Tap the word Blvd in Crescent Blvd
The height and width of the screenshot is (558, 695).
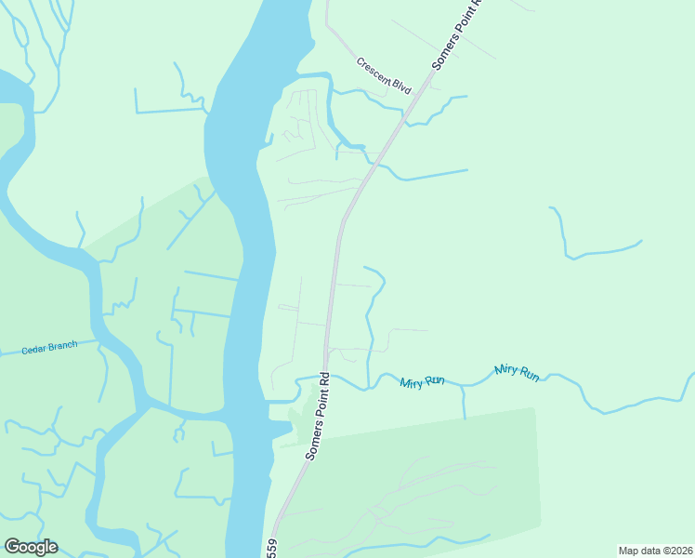400,86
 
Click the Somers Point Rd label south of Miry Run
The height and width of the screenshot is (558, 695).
319,416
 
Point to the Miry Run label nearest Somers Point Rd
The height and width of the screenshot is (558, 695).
422,382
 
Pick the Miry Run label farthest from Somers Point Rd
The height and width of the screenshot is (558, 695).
517,371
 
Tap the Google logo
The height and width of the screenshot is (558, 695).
31,547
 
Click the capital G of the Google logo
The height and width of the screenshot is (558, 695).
12,547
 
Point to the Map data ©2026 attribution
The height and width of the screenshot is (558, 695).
655,551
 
